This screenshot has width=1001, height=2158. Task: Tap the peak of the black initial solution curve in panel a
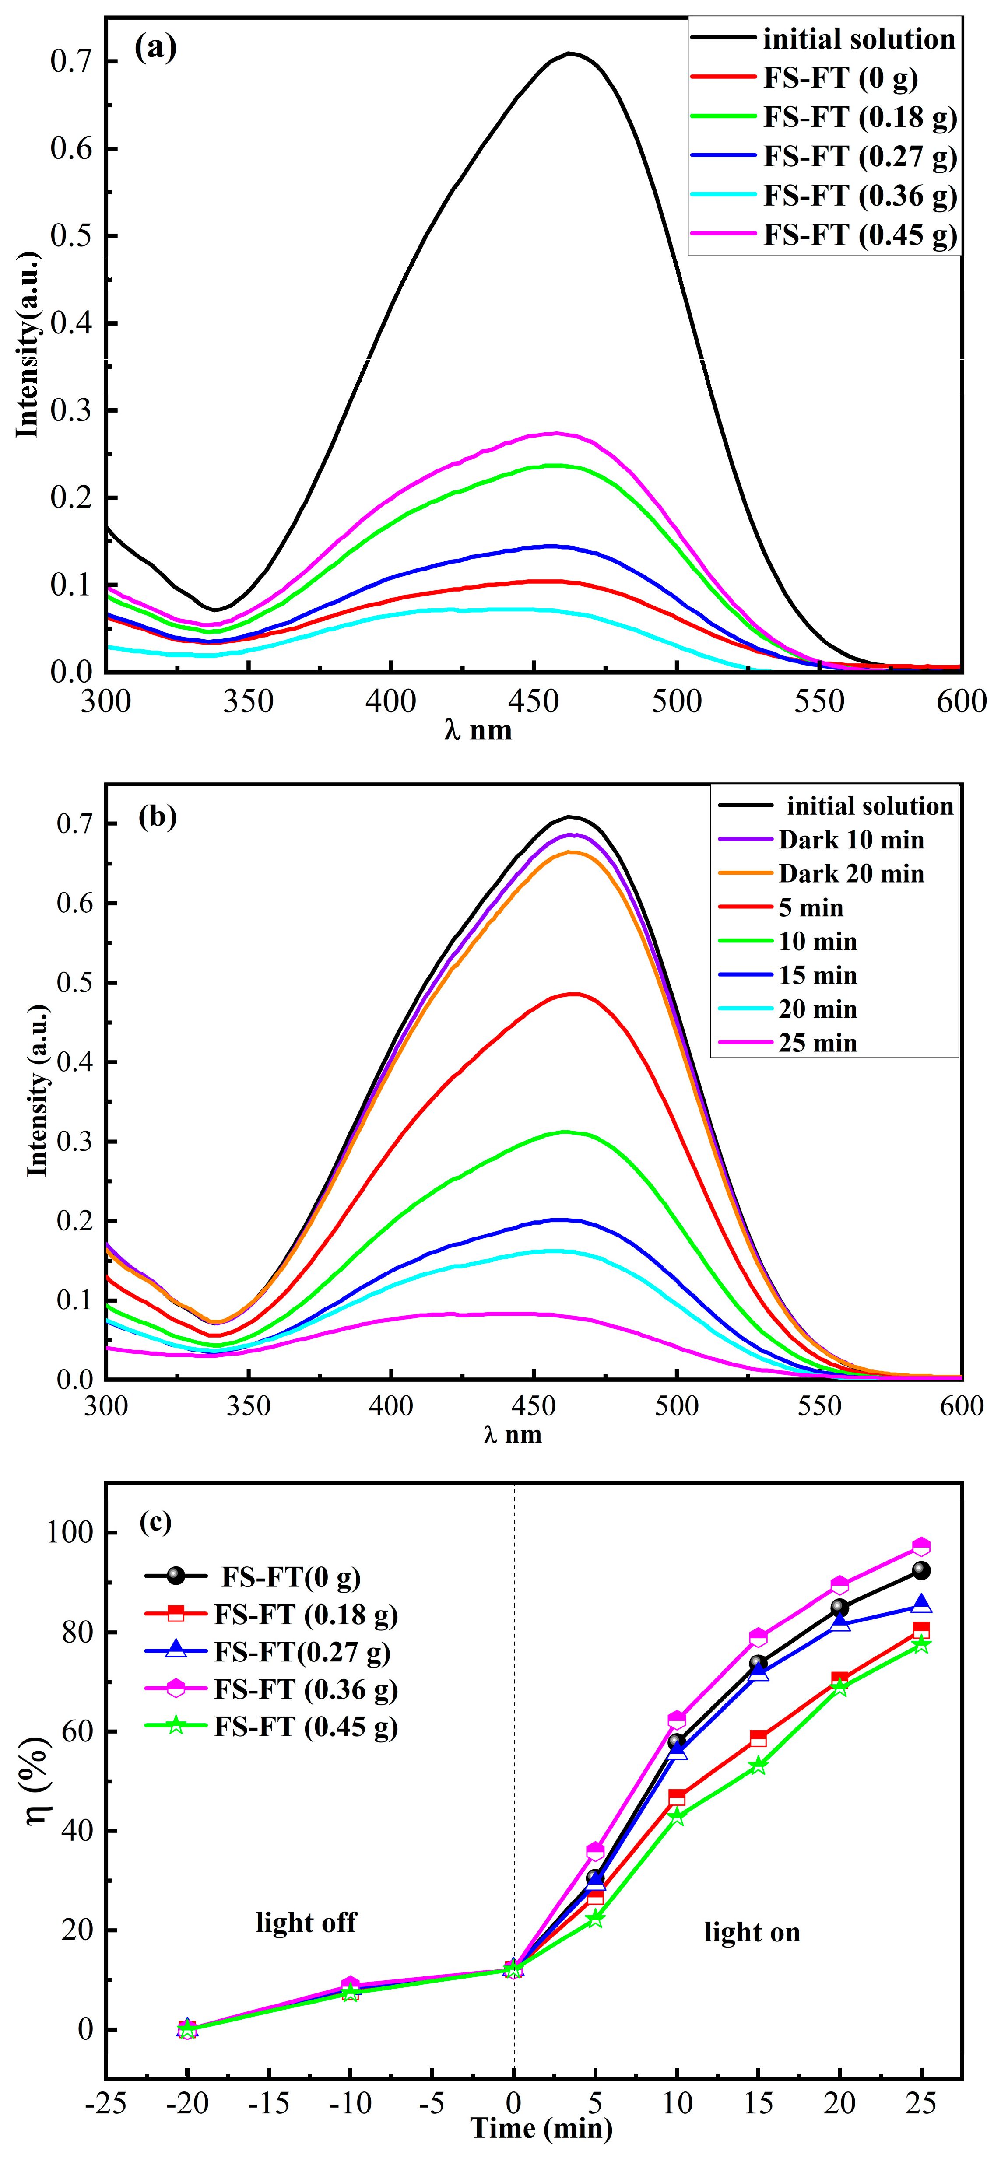pos(569,54)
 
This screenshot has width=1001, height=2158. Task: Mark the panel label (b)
pos(158,816)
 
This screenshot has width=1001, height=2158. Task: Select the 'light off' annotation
pos(306,1922)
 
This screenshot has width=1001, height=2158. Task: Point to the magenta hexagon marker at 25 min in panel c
pos(920,1546)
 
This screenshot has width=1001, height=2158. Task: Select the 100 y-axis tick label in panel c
pos(72,1533)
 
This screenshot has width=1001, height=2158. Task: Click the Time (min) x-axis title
pos(541,2128)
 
